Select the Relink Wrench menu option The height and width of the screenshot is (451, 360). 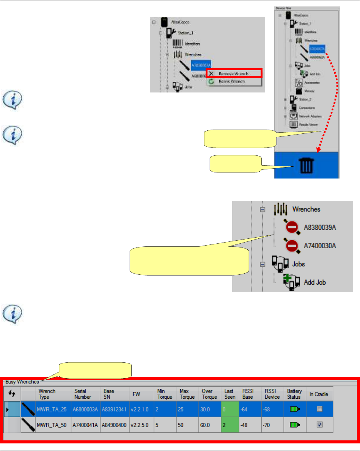[x=231, y=81]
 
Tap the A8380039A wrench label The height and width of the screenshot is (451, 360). [x=320, y=228]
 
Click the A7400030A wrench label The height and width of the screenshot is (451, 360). [x=320, y=246]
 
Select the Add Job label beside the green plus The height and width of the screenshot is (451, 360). [x=315, y=282]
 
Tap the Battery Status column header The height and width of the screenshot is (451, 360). [x=294, y=394]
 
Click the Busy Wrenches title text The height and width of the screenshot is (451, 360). [x=22, y=382]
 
